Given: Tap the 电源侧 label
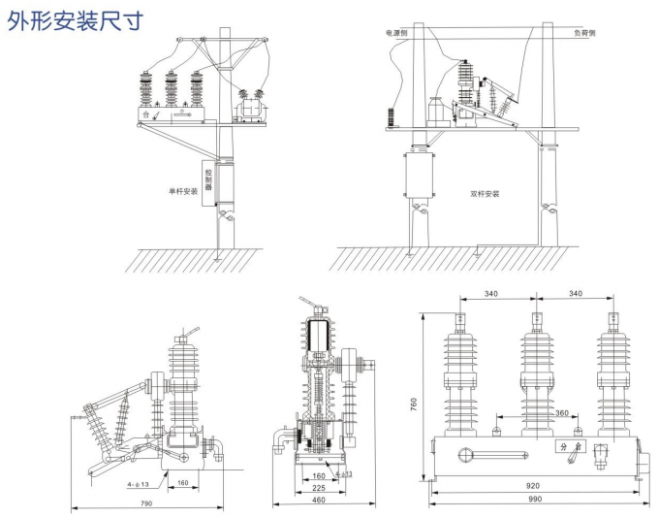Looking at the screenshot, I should coord(397,33).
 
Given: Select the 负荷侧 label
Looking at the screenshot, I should coord(584,33).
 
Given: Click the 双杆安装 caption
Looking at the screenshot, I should coord(485,193).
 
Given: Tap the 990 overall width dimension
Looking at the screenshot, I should coord(533,499).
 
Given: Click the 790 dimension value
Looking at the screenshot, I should coord(145,502).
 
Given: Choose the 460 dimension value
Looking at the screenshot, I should coord(318,502).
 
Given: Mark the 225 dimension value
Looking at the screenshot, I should coord(318,488).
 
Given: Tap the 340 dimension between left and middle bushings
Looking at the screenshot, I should coord(492,294).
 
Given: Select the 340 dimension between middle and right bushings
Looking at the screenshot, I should coord(575,294).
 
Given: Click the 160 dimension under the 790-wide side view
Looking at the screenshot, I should coord(183,482).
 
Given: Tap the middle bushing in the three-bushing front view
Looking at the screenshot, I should coord(535,373).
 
